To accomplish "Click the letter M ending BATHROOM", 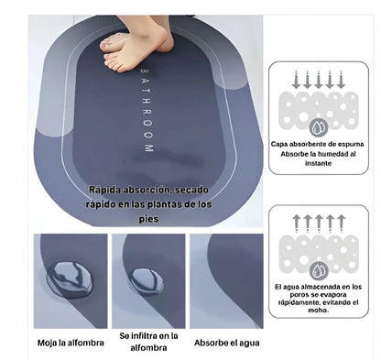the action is [148, 148].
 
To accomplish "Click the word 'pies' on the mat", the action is [148, 219].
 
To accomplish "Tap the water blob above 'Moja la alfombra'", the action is [70, 279].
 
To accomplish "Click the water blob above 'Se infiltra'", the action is [146, 281].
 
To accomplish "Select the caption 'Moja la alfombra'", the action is [71, 343].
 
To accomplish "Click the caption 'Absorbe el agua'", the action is [227, 343].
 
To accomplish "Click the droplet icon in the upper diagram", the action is [319, 127].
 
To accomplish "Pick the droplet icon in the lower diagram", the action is [319, 270].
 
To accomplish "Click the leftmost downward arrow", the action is [296, 80].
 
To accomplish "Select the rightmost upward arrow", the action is [341, 224].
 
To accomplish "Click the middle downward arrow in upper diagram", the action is [319, 80].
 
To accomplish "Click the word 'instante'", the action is [319, 163].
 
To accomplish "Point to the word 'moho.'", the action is [318, 311].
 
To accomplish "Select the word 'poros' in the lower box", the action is [299, 295].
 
